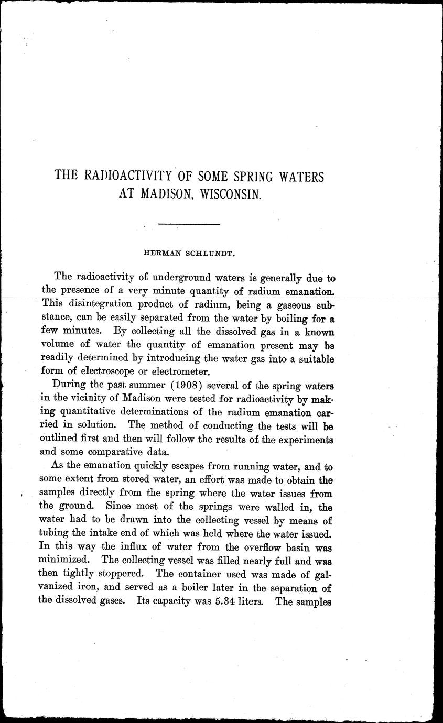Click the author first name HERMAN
click(161, 253)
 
